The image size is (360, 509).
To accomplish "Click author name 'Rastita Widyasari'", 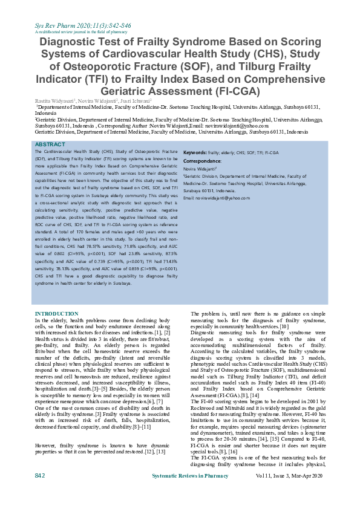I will [55, 100].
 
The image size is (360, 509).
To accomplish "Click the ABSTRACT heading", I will [50, 145].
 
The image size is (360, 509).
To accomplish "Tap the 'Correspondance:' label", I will [202, 161].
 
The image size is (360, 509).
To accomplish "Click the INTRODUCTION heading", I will [57, 314].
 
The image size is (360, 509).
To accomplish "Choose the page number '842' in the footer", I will [40, 493].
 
